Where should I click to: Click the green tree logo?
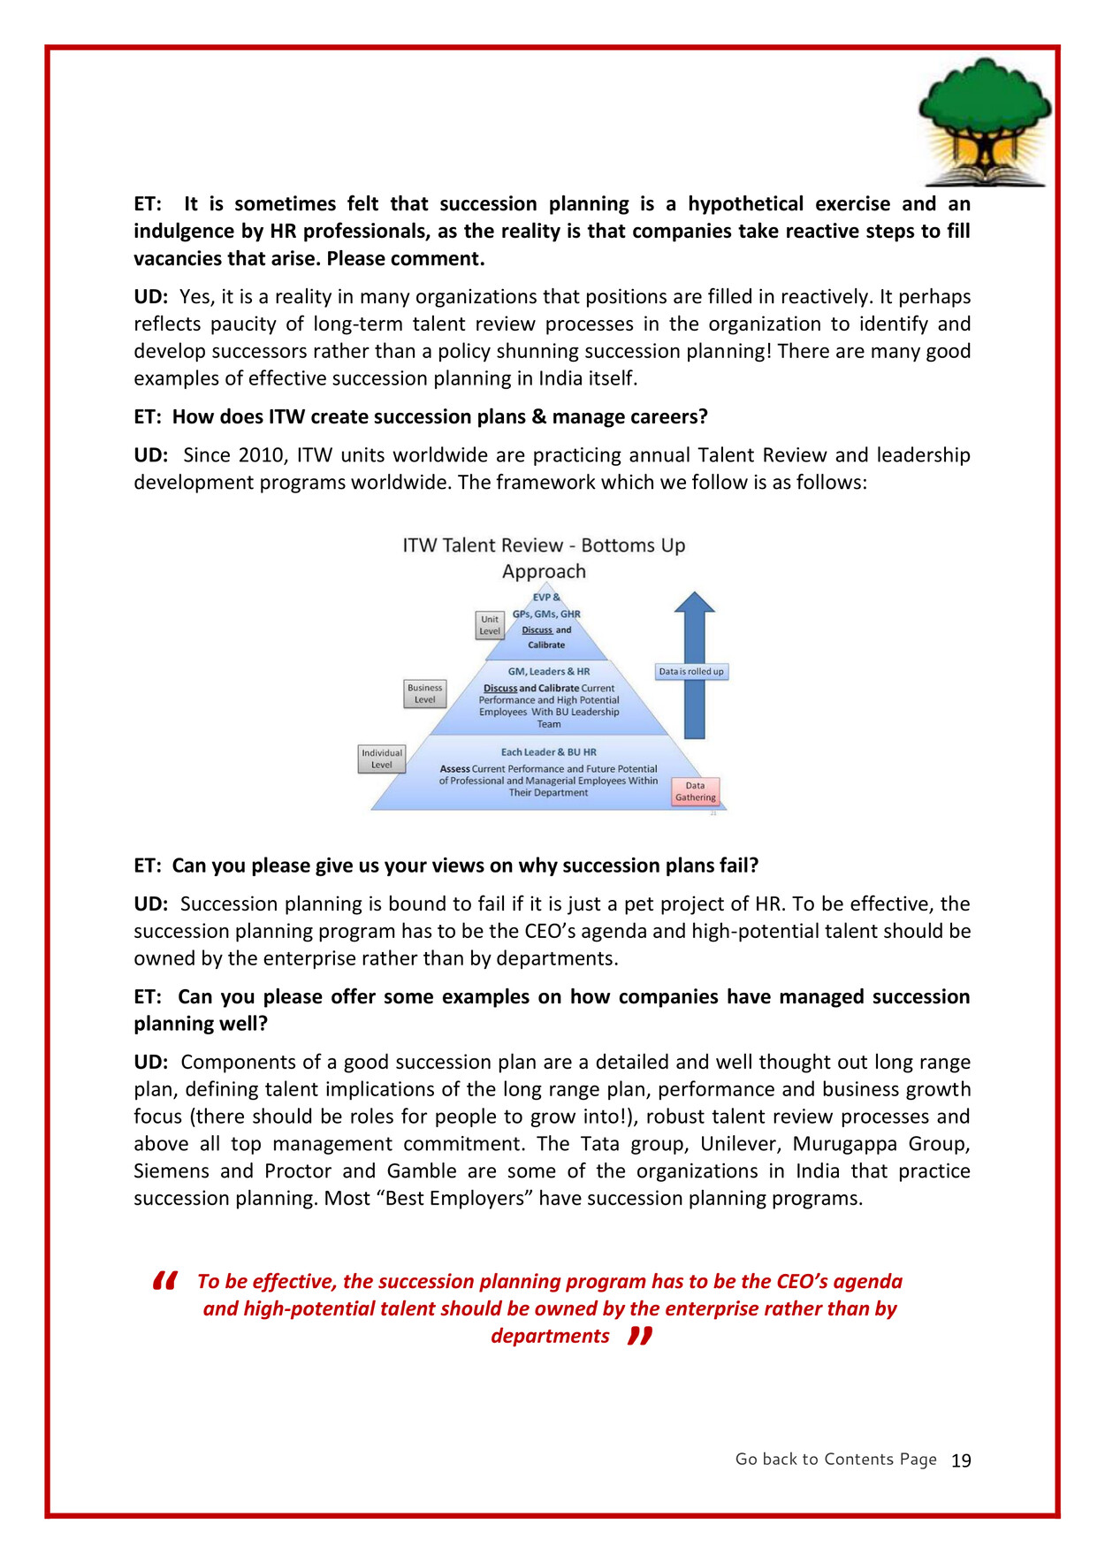click(985, 120)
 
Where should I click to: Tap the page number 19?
click(961, 1460)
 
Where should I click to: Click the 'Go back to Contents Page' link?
click(835, 1460)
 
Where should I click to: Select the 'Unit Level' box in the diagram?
click(490, 625)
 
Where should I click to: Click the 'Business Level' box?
click(425, 694)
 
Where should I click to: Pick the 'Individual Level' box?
click(382, 759)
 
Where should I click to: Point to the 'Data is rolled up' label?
click(691, 672)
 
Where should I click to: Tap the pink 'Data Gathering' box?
click(696, 791)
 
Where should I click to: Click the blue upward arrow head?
click(695, 602)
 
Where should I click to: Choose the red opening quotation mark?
click(165, 1280)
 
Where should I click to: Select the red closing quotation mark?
click(640, 1335)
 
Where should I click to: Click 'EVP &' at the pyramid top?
click(546, 598)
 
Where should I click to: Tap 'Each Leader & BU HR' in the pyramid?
click(548, 752)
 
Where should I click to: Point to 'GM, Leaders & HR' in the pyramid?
click(548, 672)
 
